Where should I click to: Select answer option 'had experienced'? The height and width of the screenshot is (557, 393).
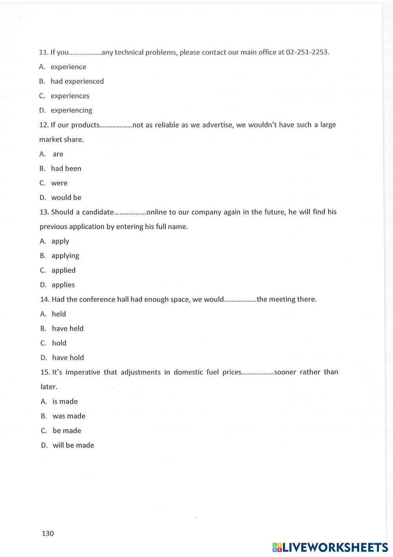click(77, 81)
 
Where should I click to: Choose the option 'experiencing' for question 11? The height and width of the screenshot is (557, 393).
click(71, 111)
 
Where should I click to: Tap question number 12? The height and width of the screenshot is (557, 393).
click(44, 125)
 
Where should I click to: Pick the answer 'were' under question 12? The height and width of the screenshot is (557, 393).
click(59, 183)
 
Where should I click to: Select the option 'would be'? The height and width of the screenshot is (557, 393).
click(66, 198)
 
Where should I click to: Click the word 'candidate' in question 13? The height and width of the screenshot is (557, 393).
click(97, 212)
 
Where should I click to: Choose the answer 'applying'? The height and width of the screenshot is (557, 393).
click(65, 256)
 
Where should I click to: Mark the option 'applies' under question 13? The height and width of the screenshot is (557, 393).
click(63, 285)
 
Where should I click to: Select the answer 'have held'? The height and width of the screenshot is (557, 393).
click(68, 329)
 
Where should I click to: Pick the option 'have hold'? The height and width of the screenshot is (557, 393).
click(68, 358)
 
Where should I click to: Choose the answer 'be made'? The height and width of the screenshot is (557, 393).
click(67, 431)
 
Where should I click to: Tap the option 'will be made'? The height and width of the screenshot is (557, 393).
click(73, 445)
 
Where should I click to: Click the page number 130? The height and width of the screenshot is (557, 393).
click(48, 534)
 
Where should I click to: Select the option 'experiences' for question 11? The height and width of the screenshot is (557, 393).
click(70, 96)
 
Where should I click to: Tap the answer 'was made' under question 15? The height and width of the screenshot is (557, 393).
click(69, 416)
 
